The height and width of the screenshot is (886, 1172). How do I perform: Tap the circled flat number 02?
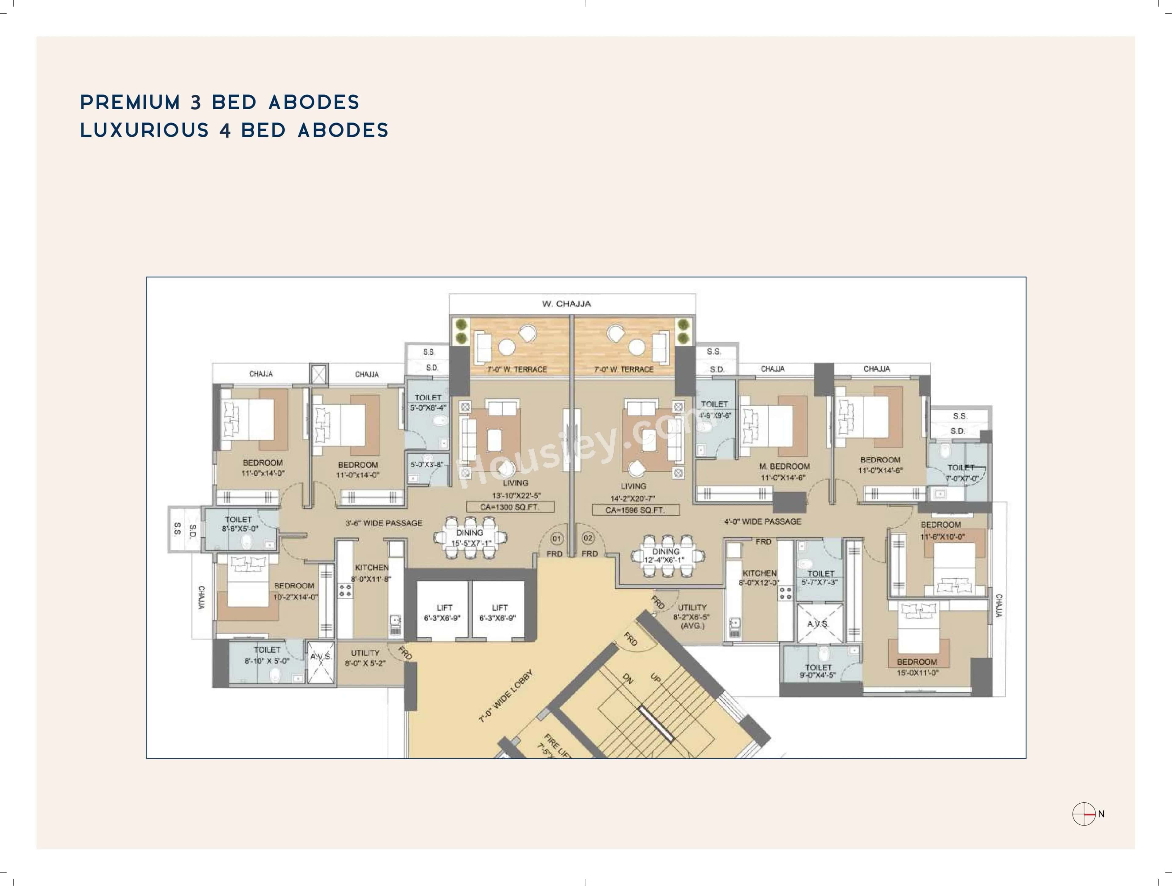coord(588,538)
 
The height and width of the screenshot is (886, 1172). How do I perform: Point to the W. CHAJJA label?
coord(566,304)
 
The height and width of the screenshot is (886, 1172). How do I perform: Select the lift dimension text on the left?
coord(442,618)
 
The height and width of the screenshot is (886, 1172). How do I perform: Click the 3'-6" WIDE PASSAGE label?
coord(384,523)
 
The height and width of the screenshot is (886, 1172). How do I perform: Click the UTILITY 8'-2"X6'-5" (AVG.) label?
coord(691,616)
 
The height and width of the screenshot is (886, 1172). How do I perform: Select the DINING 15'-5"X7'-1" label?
coord(471,538)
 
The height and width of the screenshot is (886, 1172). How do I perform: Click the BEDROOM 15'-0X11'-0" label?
coord(917,667)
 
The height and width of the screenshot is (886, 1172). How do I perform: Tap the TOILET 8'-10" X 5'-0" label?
coord(267,655)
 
